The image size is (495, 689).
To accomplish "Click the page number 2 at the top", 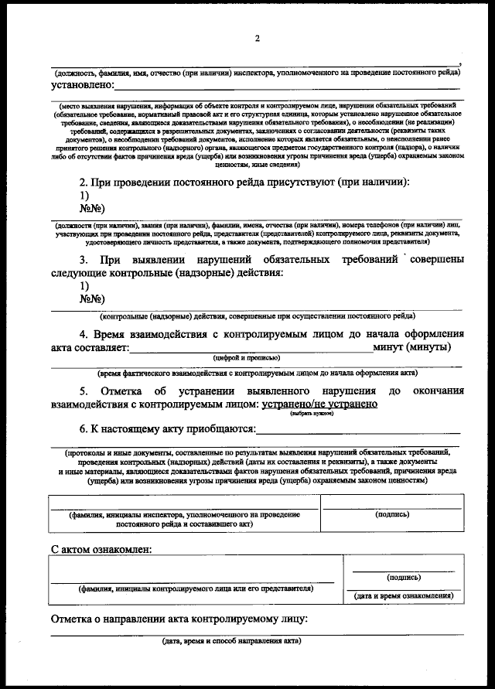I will (x=257, y=39).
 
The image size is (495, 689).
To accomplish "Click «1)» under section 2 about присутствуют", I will (x=85, y=196).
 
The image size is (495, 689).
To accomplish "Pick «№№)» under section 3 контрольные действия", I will (x=92, y=299).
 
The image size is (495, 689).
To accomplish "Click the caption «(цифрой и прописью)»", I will (x=247, y=358).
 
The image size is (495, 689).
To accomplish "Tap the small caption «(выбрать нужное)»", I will (x=312, y=414).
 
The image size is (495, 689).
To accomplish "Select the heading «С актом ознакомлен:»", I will (x=101, y=550).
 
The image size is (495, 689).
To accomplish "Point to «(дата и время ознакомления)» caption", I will (x=403, y=595).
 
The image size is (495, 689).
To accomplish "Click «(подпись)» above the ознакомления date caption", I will (x=403, y=577).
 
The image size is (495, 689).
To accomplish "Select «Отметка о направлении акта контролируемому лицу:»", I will (x=179, y=619).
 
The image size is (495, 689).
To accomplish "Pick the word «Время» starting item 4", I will (x=114, y=334).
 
